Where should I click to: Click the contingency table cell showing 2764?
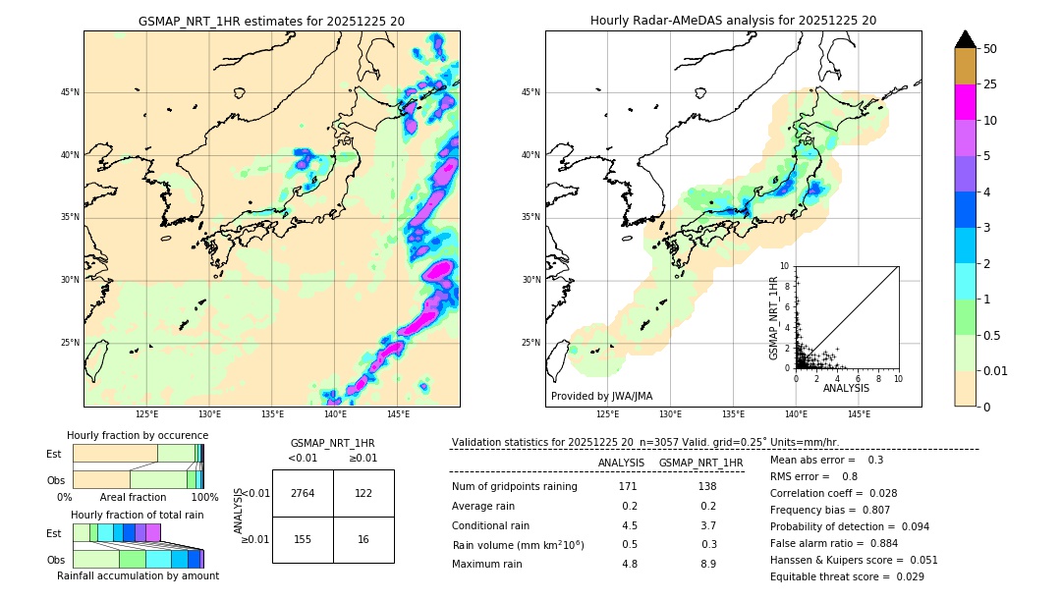click(x=303, y=493)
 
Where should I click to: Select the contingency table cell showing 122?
click(x=363, y=493)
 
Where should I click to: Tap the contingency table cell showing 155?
click(x=303, y=540)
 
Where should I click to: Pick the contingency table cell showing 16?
click(x=363, y=540)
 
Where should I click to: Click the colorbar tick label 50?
click(x=990, y=49)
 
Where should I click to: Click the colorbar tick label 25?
click(x=990, y=85)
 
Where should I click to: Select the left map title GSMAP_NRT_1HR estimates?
click(x=271, y=21)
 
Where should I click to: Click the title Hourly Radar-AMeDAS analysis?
click(x=733, y=21)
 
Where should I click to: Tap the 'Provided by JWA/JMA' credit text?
click(x=601, y=396)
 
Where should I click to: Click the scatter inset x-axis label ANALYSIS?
click(x=846, y=388)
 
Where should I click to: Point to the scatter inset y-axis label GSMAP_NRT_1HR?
click(x=773, y=317)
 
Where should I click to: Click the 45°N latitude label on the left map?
click(x=70, y=92)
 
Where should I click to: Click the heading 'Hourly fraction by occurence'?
click(x=138, y=435)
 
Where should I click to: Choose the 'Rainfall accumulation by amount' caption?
click(x=139, y=575)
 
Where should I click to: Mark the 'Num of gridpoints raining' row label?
click(x=515, y=486)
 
